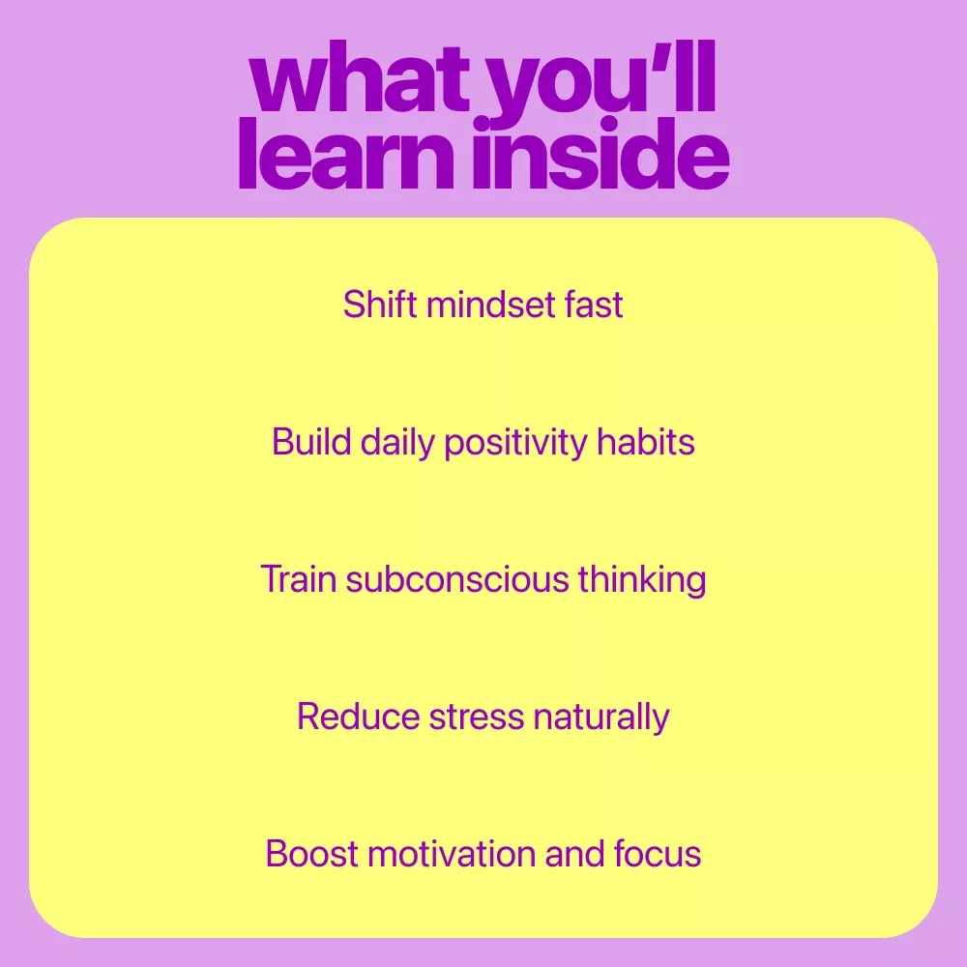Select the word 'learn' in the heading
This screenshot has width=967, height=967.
346,153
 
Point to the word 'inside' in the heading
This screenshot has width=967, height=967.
601,153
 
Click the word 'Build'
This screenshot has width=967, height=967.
311,442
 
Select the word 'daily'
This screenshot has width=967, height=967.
397,444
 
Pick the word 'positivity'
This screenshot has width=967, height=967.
516,444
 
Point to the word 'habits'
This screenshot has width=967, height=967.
646,442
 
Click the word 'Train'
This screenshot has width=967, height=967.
299,579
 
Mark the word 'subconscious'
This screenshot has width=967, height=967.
457,579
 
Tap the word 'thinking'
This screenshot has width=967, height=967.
642,581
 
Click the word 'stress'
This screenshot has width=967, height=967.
477,718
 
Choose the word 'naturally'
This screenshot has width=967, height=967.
601,718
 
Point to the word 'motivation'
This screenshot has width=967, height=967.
452,854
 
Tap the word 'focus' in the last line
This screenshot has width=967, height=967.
658,854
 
